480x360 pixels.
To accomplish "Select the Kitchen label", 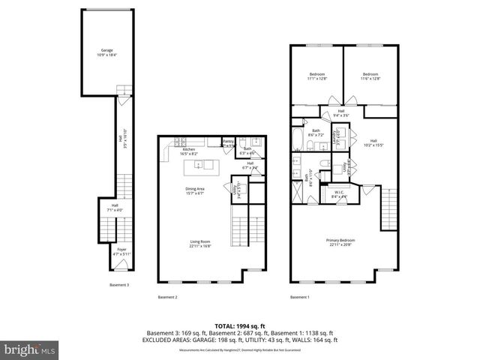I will click(x=190, y=151).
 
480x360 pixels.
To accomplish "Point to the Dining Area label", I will click(x=195, y=190).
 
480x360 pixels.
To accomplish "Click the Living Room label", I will click(x=199, y=243).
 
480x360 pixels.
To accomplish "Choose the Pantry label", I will click(x=228, y=142).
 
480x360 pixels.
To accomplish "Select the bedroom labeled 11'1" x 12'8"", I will click(x=317, y=76).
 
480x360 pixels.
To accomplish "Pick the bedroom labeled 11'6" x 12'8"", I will click(x=370, y=76).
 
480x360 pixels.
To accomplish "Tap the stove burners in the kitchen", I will click(x=180, y=142).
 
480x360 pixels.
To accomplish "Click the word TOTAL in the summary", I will click(x=225, y=325).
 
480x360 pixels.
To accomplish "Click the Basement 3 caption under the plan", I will click(x=119, y=285).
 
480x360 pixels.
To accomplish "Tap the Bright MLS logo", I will click(x=30, y=349).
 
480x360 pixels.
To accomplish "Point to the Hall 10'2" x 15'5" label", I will click(x=373, y=143).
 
